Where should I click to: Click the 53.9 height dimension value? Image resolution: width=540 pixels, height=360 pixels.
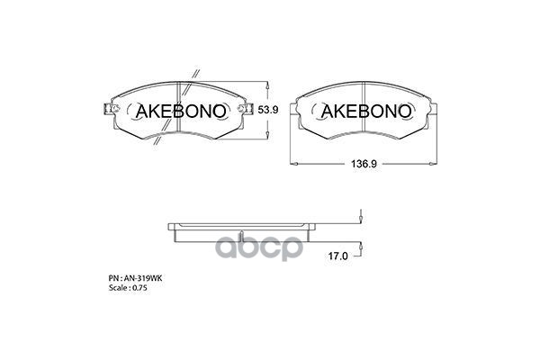point(269,110)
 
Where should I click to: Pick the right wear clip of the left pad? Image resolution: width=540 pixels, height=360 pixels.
point(244,110)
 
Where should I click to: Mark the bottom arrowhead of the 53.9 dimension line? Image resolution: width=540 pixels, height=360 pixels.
point(266,136)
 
